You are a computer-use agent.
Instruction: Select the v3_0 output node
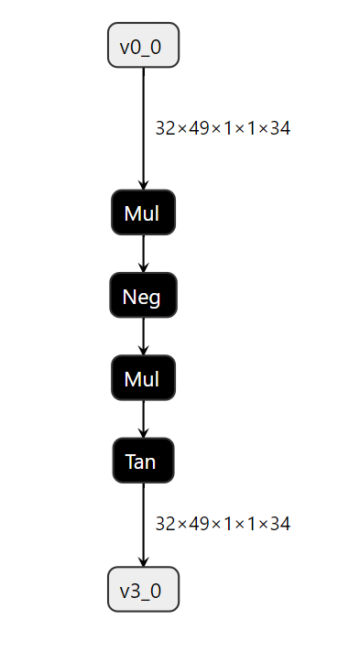tap(143, 590)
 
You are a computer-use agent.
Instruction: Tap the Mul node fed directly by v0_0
tap(143, 213)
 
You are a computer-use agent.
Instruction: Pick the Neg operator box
tap(143, 296)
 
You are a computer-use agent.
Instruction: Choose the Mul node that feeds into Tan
tap(143, 378)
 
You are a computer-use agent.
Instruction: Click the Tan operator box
tap(143, 461)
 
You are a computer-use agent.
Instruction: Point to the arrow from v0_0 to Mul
tap(143, 128)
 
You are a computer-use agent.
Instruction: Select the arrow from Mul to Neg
tap(143, 254)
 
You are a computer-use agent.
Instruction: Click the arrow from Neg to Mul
tap(143, 336)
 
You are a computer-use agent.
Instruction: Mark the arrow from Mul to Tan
tap(143, 418)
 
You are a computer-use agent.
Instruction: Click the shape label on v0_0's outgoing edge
tap(223, 129)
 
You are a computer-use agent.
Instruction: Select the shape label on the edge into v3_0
tap(223, 525)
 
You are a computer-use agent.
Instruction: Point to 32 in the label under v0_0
tap(165, 129)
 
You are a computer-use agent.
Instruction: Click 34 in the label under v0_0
tap(280, 129)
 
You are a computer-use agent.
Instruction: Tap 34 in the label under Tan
tap(280, 525)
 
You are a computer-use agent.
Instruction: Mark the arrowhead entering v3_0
tap(143, 561)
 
